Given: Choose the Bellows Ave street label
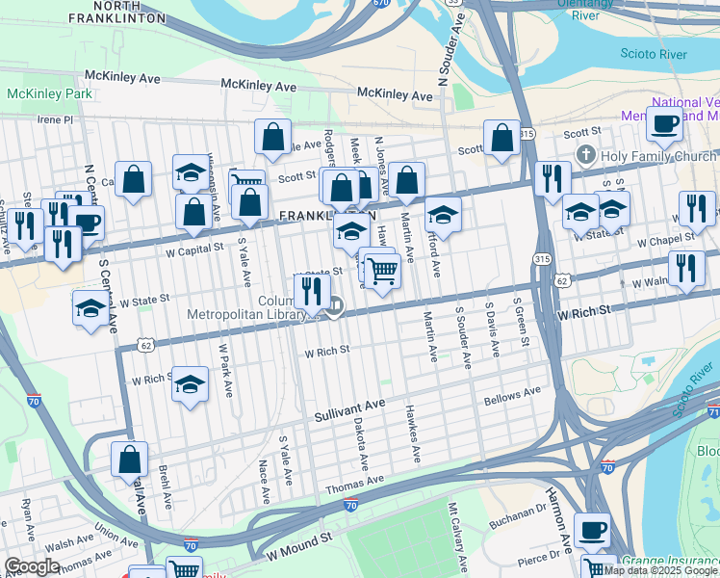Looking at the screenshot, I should coord(513,395).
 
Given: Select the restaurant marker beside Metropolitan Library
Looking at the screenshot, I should coord(312,290).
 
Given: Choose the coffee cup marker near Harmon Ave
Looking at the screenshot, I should coord(592,530).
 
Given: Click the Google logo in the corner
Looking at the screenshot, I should coord(32,566).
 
